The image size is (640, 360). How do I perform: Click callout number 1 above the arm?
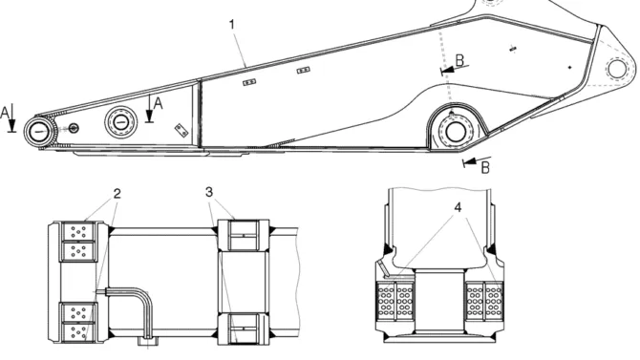232,25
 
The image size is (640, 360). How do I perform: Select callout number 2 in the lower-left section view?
117,194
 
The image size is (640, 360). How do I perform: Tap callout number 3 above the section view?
209,192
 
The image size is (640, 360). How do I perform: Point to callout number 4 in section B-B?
458,207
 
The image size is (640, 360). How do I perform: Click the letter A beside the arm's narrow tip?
5,113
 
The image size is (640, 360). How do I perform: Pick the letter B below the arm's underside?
485,167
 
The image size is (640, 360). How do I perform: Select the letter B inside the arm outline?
459,60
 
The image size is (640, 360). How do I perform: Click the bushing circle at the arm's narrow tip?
40,132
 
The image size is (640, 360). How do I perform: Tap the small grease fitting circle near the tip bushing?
74,128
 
